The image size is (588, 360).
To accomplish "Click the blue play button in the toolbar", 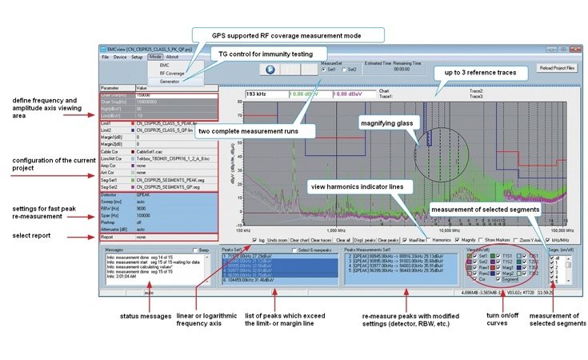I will point(270,70).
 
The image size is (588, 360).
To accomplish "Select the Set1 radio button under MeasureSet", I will point(322,70).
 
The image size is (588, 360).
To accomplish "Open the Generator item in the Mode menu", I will point(170,81).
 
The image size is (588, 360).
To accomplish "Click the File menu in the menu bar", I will point(105,58).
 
